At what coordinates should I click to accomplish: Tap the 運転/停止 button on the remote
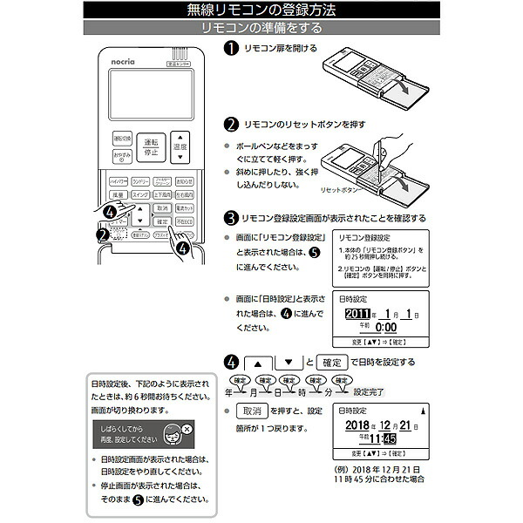pos(151,146)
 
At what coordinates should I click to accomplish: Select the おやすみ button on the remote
pos(122,157)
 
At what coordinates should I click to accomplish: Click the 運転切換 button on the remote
pos(122,139)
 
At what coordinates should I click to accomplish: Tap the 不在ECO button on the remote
pos(184,222)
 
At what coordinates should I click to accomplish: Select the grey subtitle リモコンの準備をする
pos(261,28)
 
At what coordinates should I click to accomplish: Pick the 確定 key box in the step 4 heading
pos(331,362)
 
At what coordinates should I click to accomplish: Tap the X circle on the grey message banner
pos(186,427)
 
